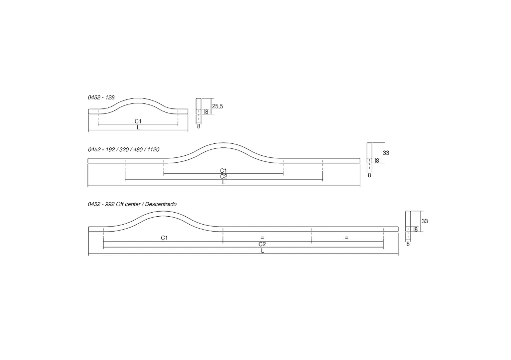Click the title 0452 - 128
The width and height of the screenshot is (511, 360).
click(x=101, y=97)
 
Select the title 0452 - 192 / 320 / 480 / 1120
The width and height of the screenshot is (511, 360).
click(x=124, y=150)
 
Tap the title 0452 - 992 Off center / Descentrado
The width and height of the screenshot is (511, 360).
click(x=132, y=204)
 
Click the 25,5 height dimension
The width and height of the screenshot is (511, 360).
click(x=218, y=106)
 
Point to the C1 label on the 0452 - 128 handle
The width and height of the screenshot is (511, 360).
click(x=138, y=121)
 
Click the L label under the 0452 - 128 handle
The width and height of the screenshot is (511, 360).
click(x=138, y=127)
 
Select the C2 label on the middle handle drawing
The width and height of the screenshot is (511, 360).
click(x=224, y=177)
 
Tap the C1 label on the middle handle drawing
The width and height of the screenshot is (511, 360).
click(x=223, y=171)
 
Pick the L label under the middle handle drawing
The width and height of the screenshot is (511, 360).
click(x=224, y=183)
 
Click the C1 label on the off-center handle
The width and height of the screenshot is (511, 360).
click(x=164, y=238)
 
